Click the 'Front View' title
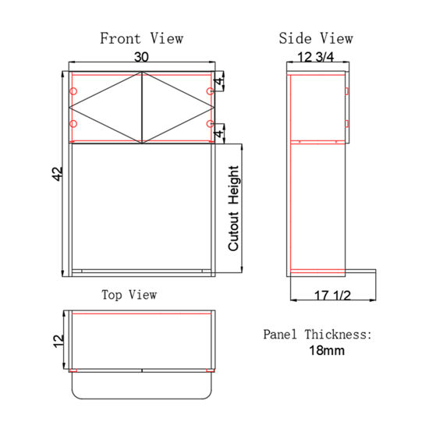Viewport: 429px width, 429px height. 141,38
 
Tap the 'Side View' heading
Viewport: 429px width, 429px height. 315,38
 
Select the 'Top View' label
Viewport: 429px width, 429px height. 129,294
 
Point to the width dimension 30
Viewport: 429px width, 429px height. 141,57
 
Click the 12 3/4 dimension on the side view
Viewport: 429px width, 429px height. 316,57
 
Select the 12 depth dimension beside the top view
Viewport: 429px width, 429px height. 56,340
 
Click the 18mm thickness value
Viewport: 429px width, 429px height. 327,350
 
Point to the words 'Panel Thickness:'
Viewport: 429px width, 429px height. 317,334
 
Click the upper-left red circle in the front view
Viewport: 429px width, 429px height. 73,92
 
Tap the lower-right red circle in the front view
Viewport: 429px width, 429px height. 210,124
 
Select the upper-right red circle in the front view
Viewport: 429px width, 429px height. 210,92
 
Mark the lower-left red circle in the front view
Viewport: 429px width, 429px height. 73,124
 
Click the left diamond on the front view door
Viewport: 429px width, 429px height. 106,108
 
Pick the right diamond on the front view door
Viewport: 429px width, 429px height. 176,108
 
